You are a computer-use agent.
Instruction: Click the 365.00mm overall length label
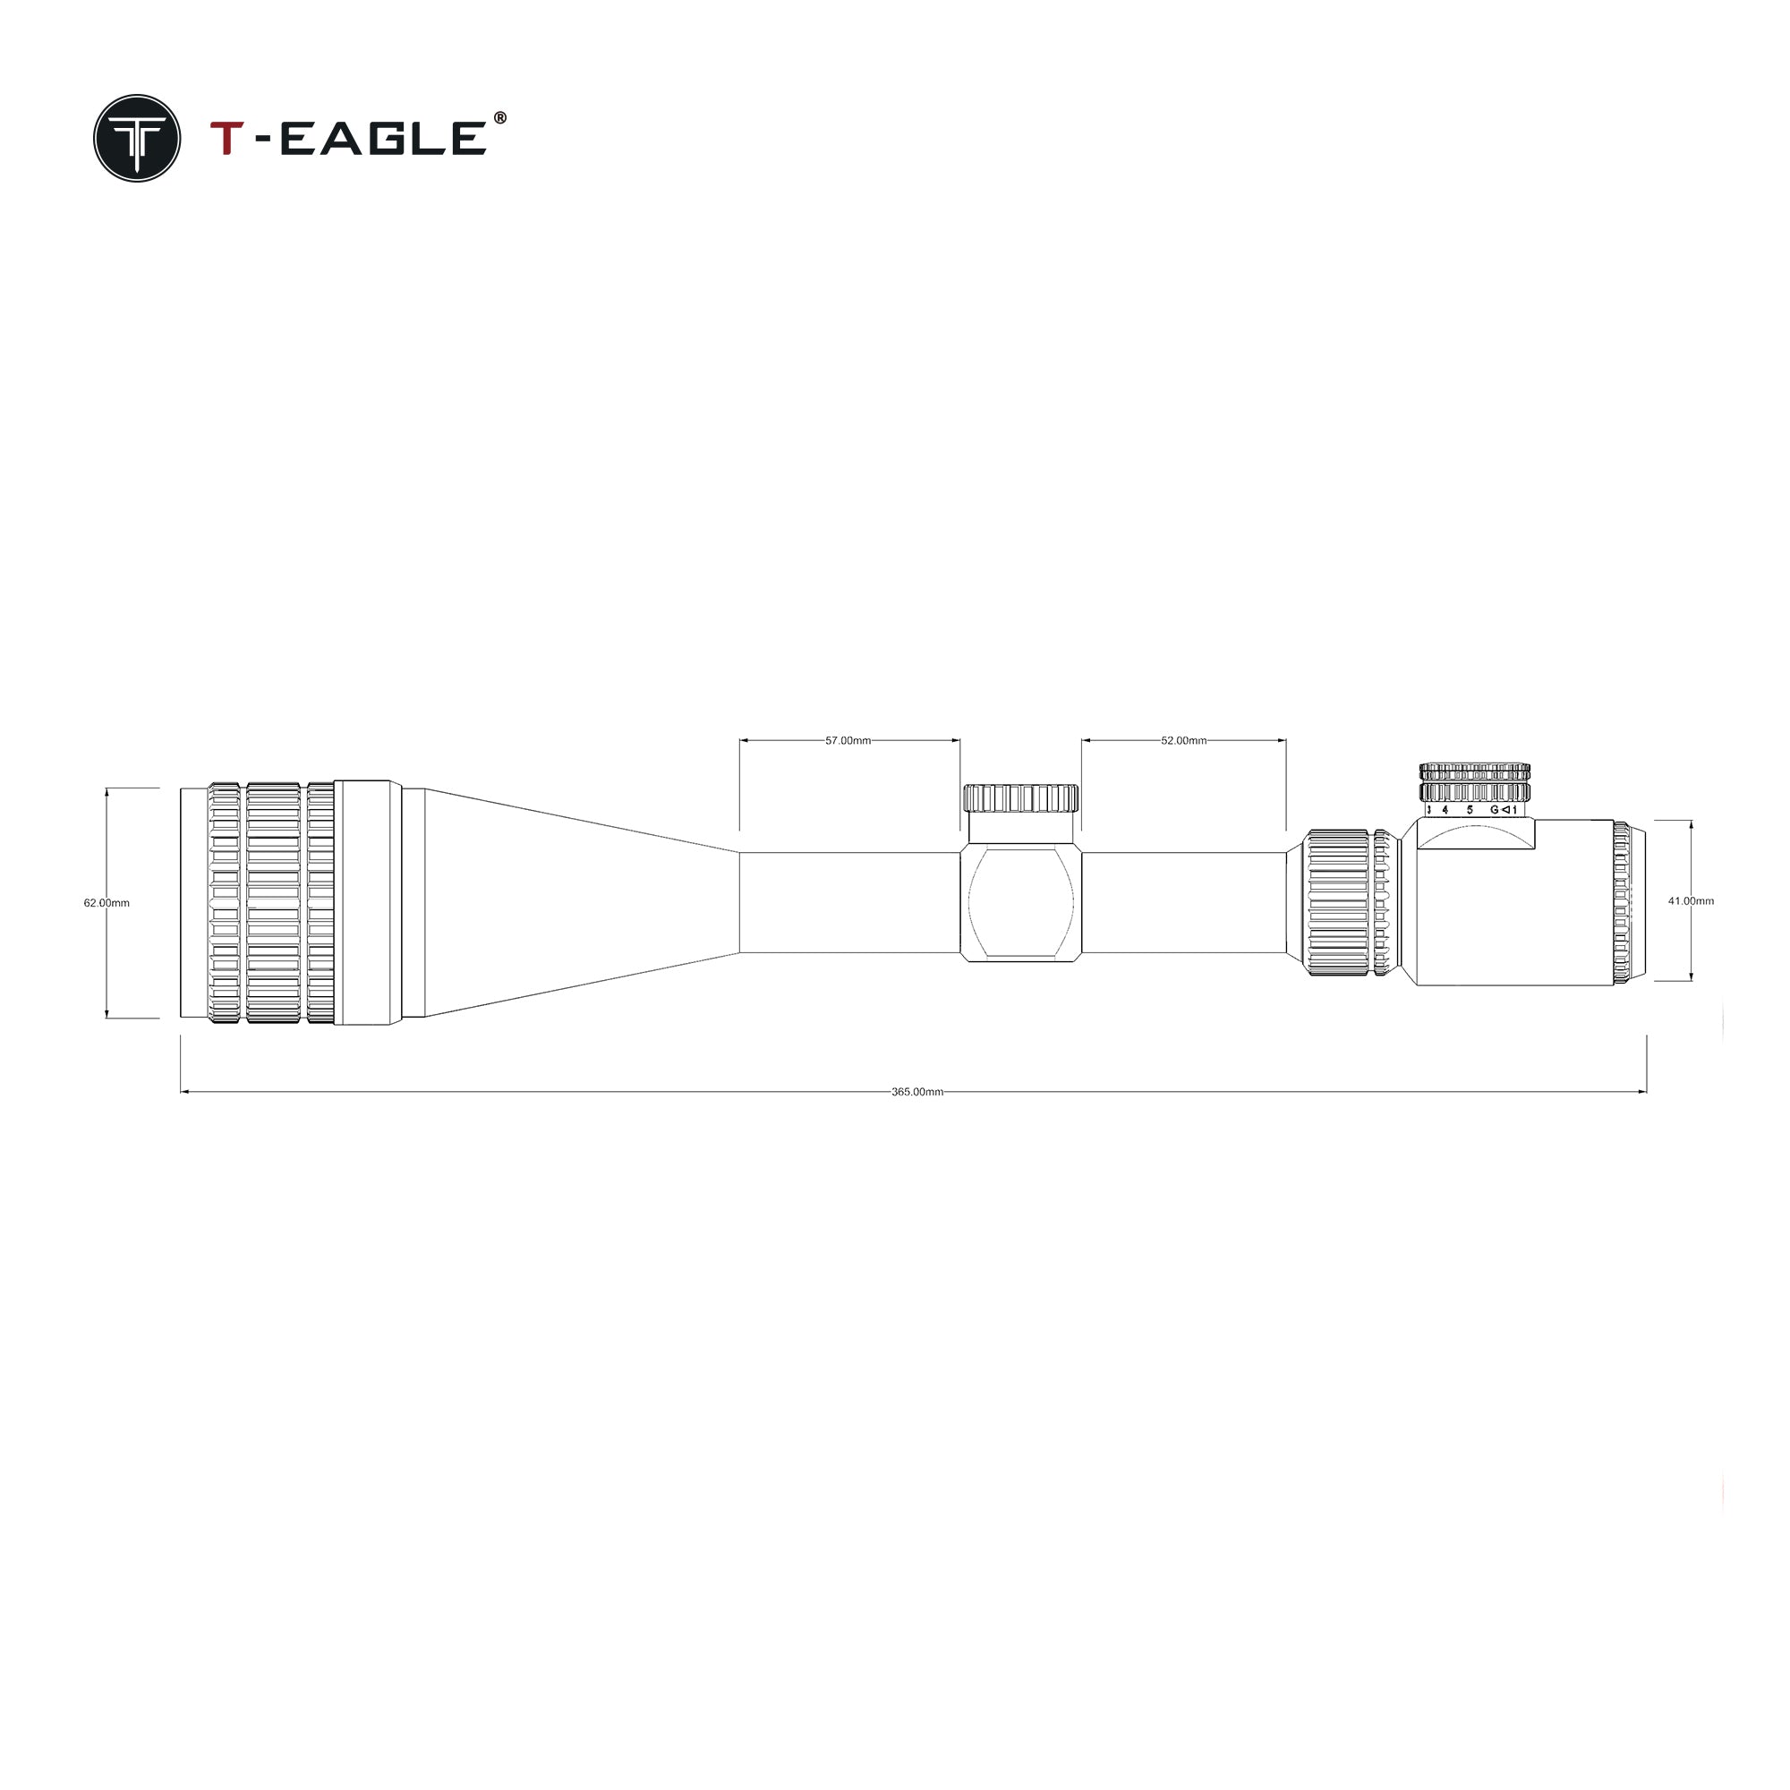(917, 1092)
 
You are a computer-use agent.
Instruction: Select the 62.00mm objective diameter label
(107, 902)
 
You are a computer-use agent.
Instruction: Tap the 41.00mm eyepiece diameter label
(1691, 900)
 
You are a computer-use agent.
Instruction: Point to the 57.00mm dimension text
(848, 741)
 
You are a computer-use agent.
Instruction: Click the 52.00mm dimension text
(1183, 741)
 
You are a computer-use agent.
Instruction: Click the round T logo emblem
(137, 138)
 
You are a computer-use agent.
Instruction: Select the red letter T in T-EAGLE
(227, 138)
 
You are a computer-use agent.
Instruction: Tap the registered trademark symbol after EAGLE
(500, 117)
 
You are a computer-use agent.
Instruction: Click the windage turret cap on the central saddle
(1020, 797)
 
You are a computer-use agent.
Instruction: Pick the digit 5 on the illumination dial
(1470, 810)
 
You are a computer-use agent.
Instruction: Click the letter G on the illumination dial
(1494, 810)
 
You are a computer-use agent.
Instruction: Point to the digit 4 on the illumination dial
(1445, 810)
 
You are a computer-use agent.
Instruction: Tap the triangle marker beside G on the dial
(1505, 810)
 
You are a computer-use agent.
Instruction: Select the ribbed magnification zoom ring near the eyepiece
(1337, 902)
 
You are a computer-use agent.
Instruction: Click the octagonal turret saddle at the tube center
(1020, 902)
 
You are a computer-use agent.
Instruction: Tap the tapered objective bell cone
(575, 902)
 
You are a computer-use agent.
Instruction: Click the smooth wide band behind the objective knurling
(367, 902)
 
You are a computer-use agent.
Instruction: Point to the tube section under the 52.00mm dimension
(1183, 902)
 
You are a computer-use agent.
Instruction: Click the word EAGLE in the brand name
(382, 138)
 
